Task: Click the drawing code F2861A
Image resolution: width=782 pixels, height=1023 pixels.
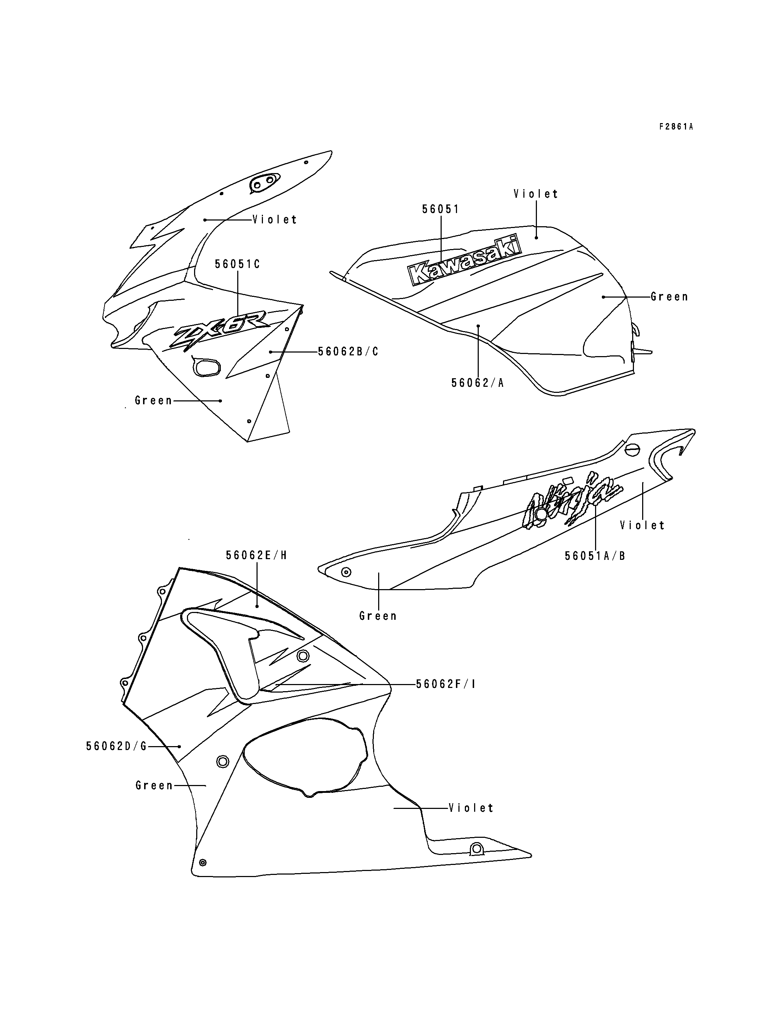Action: (x=676, y=127)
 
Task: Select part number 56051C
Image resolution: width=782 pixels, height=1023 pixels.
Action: (x=237, y=264)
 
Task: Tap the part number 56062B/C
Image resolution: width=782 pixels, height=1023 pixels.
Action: (x=348, y=351)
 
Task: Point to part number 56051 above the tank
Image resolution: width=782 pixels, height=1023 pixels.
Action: (x=440, y=209)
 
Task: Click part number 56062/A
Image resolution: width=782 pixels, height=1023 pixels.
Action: (x=478, y=383)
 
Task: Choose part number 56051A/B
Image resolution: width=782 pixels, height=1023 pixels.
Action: (x=595, y=556)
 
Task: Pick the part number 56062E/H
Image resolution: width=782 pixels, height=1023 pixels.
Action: (x=257, y=555)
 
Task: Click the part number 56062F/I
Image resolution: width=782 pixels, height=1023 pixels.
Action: (x=446, y=684)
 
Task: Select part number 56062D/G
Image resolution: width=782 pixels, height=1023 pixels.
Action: (x=116, y=746)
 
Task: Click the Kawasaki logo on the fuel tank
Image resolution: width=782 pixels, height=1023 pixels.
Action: (x=464, y=261)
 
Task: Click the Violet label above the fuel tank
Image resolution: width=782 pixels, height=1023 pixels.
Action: (x=536, y=194)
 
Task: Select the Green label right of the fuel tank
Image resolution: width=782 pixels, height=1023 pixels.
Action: (x=669, y=297)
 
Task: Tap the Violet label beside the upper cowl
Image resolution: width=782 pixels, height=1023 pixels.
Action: (x=275, y=219)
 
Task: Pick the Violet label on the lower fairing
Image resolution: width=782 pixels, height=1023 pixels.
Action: (x=471, y=808)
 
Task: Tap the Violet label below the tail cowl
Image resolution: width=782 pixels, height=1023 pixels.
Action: (x=643, y=525)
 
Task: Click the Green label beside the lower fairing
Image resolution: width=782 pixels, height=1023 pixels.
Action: (x=154, y=785)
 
